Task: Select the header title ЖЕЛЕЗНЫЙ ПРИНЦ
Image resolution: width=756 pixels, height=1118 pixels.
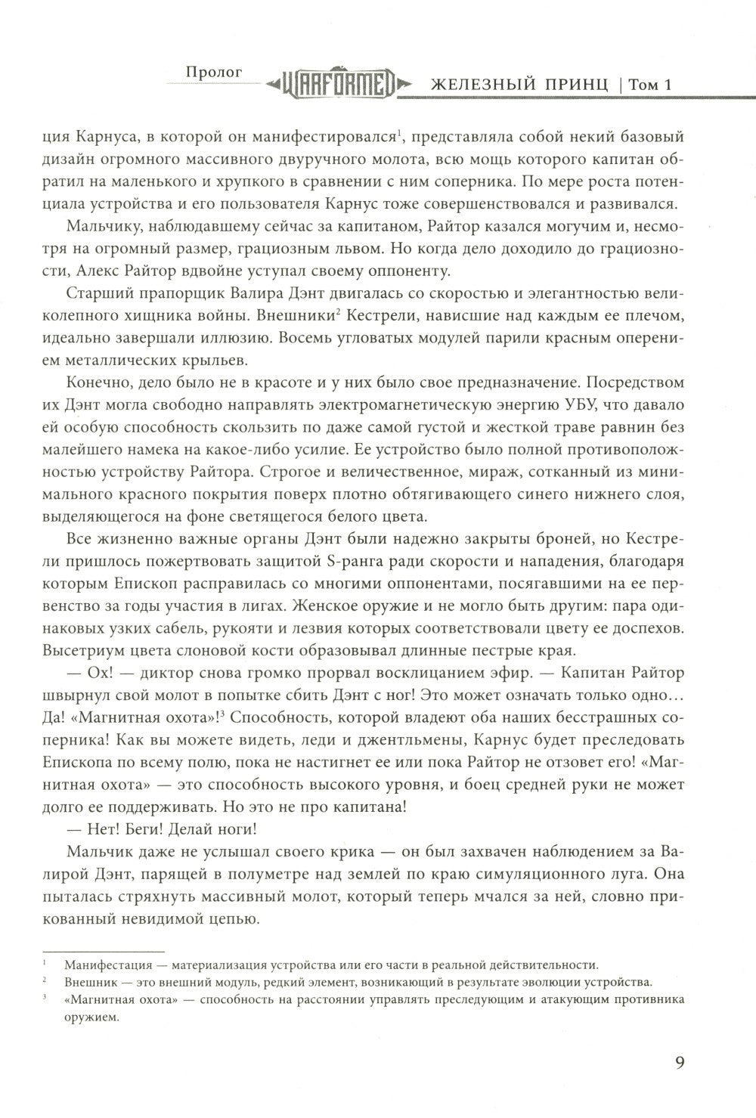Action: (519, 85)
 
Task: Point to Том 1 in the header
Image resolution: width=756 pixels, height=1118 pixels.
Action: (649, 85)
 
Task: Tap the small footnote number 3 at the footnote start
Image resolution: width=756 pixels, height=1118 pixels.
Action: (46, 998)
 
